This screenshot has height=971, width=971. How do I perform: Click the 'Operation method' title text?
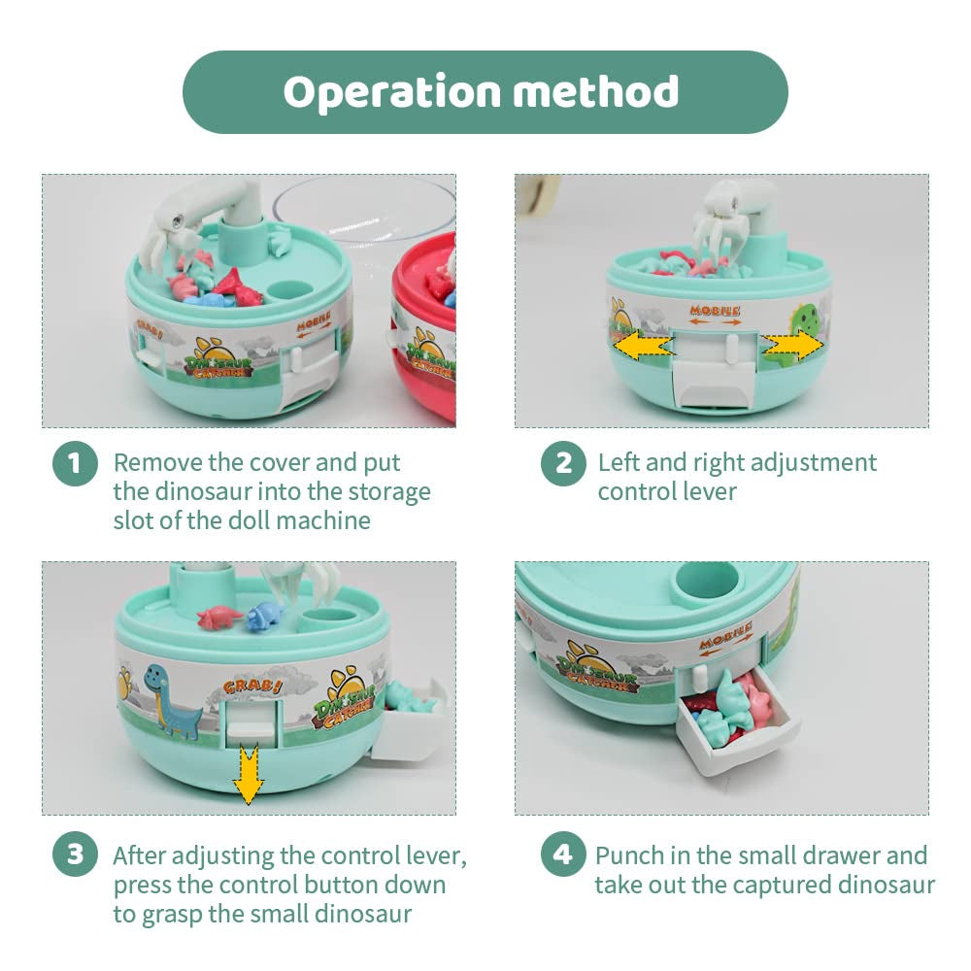pyautogui.click(x=481, y=92)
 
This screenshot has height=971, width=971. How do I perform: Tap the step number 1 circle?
pyautogui.click(x=75, y=464)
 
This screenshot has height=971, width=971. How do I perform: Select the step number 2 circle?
pyautogui.click(x=563, y=464)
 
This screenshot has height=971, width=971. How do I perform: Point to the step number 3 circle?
pyautogui.click(x=75, y=854)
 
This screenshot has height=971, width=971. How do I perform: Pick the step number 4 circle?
pyautogui.click(x=563, y=854)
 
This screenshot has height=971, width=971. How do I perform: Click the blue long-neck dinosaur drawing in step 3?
pyautogui.click(x=170, y=700)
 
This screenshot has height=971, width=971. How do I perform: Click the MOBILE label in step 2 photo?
pyautogui.click(x=715, y=311)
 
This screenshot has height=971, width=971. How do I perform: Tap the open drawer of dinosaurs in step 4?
pyautogui.click(x=737, y=718)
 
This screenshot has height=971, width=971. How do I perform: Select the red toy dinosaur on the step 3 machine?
pyautogui.click(x=219, y=618)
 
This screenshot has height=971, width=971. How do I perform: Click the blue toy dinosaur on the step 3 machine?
pyautogui.click(x=264, y=617)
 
